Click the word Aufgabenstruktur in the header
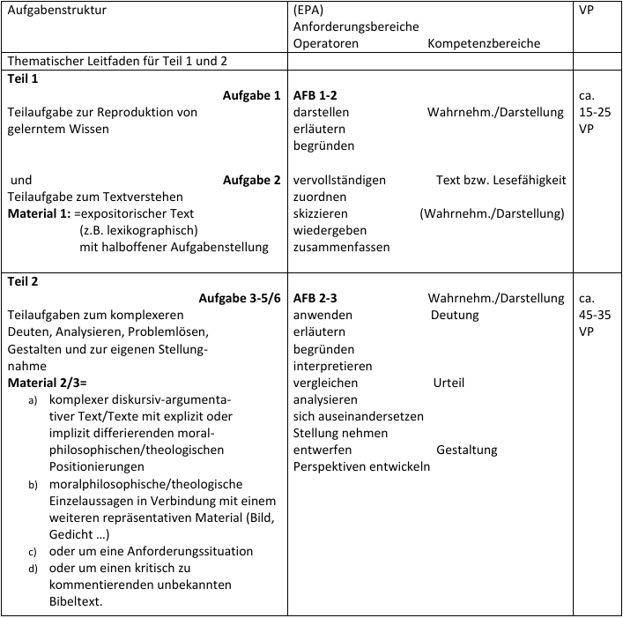[x=56, y=11]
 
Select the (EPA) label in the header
[x=309, y=11]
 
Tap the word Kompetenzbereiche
[x=484, y=43]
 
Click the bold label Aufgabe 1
[x=251, y=95]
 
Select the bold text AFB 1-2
[x=315, y=95]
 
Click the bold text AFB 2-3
[x=315, y=298]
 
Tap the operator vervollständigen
[x=339, y=180]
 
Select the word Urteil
[x=449, y=383]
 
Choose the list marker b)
[x=33, y=484]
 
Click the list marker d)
[x=33, y=569]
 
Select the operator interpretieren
[x=332, y=366]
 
